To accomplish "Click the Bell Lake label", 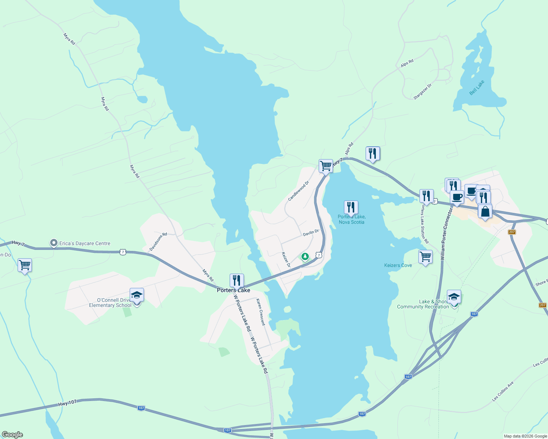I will click(x=477, y=88).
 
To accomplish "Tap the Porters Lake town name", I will click(x=233, y=290).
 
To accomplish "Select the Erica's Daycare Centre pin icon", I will click(x=54, y=243).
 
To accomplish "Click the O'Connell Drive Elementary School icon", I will click(x=137, y=295).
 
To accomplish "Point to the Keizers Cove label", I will click(x=398, y=265).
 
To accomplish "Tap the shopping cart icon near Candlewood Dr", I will click(x=326, y=166).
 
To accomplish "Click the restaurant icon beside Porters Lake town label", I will click(x=237, y=281).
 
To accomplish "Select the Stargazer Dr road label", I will click(x=422, y=91).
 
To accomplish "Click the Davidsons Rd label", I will click(x=158, y=242).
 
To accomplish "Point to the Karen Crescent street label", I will click(x=260, y=312).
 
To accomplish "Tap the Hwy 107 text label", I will click(x=67, y=403).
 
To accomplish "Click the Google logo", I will click(x=12, y=435).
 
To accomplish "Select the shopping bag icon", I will click(x=485, y=211).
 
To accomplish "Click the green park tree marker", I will click(x=305, y=256).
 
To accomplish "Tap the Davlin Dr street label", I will click(x=311, y=233).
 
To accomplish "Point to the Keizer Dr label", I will click(x=286, y=259).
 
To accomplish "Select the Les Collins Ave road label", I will click(x=503, y=391).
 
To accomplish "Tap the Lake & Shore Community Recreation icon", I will click(x=454, y=297).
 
